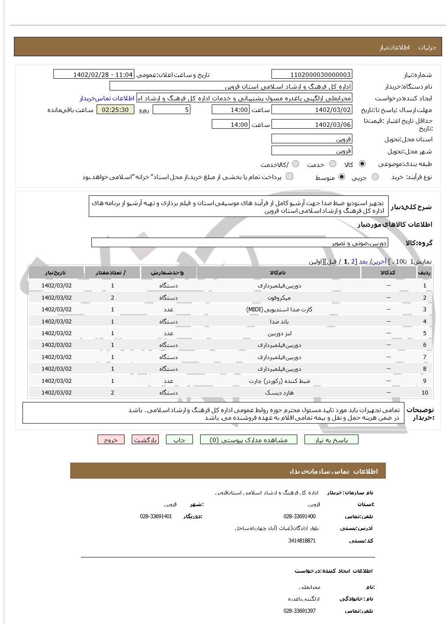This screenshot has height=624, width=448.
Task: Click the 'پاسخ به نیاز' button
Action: pos(331,440)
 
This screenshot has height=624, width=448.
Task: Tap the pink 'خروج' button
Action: pos(111,440)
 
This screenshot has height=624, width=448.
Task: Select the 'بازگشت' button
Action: pos(145,440)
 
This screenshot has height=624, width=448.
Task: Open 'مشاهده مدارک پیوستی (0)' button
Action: pos(248,440)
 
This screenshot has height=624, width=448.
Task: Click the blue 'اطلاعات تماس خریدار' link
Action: pos(107,98)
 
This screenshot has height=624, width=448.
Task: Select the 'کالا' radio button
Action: pos(362,164)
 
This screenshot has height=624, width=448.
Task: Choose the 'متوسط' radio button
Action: pos(342,177)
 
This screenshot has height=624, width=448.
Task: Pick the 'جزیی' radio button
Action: pos(375,177)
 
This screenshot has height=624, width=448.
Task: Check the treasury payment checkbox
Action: pos(290,176)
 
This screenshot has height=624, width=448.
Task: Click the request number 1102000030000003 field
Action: pos(312,75)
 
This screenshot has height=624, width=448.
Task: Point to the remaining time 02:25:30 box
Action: pos(115,110)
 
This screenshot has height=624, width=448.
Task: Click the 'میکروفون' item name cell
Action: pos(279,298)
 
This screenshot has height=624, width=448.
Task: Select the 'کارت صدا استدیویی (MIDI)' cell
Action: pos(279,310)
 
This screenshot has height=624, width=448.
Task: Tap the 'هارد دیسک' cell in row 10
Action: pos(279,393)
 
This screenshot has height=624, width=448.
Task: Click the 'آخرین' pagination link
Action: pos(380,261)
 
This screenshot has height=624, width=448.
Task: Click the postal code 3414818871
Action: pos(302,541)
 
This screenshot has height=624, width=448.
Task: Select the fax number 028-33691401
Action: pos(156,516)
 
